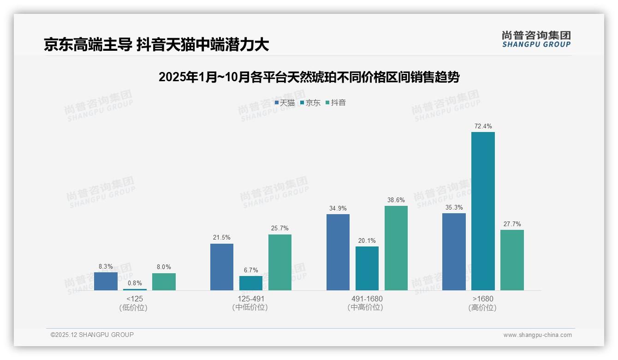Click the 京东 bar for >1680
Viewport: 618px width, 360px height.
point(483,211)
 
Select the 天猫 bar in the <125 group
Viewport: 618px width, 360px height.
point(106,281)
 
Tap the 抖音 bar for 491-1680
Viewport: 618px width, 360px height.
point(396,248)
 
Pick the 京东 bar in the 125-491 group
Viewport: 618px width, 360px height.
point(251,283)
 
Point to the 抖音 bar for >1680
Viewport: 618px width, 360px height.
point(512,260)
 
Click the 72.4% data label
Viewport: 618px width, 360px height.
point(483,126)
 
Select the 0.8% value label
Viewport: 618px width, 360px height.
point(135,283)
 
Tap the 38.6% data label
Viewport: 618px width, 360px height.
point(396,200)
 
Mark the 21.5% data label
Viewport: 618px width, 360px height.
point(222,237)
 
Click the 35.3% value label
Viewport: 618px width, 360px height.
point(454,207)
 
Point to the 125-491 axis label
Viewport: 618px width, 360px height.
point(250,299)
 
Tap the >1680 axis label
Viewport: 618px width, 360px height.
point(483,299)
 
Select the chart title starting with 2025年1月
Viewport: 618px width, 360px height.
point(309,77)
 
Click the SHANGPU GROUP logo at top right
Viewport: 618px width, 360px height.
point(536,39)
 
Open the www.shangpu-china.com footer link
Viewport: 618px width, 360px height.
point(537,335)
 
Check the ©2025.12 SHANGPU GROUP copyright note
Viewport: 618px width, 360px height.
point(92,335)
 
